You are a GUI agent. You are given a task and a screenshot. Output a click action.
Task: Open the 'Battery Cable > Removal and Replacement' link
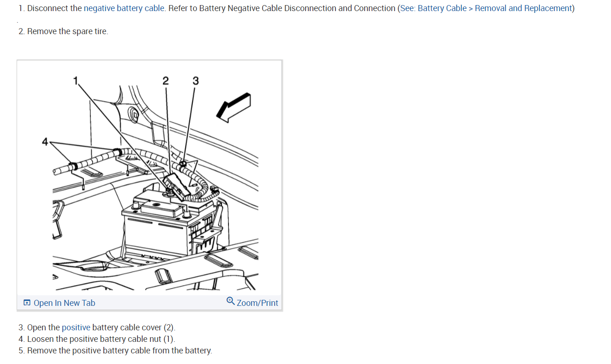click(x=494, y=8)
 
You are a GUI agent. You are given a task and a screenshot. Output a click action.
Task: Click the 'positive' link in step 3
click(x=76, y=328)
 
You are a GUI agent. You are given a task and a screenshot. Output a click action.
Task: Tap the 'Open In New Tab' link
click(x=64, y=303)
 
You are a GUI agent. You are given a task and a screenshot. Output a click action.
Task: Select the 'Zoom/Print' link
click(x=257, y=303)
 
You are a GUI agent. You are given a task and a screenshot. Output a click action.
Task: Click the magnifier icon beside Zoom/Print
click(x=230, y=301)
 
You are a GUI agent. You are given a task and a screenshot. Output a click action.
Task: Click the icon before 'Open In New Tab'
click(x=27, y=303)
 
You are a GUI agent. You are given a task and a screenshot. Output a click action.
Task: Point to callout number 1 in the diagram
click(x=76, y=81)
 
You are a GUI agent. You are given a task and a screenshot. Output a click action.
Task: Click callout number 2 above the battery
click(x=165, y=81)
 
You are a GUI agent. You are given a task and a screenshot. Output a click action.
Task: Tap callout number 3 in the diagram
click(x=195, y=81)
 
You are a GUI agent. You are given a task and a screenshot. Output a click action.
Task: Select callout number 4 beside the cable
click(x=45, y=142)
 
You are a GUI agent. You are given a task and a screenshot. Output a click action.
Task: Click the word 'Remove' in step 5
click(x=42, y=351)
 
